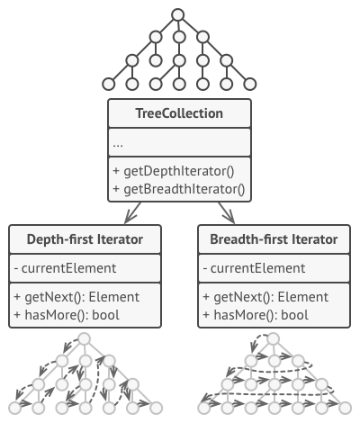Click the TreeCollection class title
point(179,114)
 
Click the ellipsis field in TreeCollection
point(119,143)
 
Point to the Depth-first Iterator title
point(85,239)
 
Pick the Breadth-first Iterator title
point(274,239)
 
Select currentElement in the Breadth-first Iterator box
point(253,268)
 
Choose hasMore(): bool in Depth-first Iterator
point(67,314)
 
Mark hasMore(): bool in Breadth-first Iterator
point(256,314)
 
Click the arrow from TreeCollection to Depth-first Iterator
point(133,213)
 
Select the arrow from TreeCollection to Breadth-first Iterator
point(226,213)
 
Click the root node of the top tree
point(178,14)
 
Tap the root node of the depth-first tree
point(85,339)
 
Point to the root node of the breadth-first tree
point(274,339)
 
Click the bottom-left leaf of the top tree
point(110,84)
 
